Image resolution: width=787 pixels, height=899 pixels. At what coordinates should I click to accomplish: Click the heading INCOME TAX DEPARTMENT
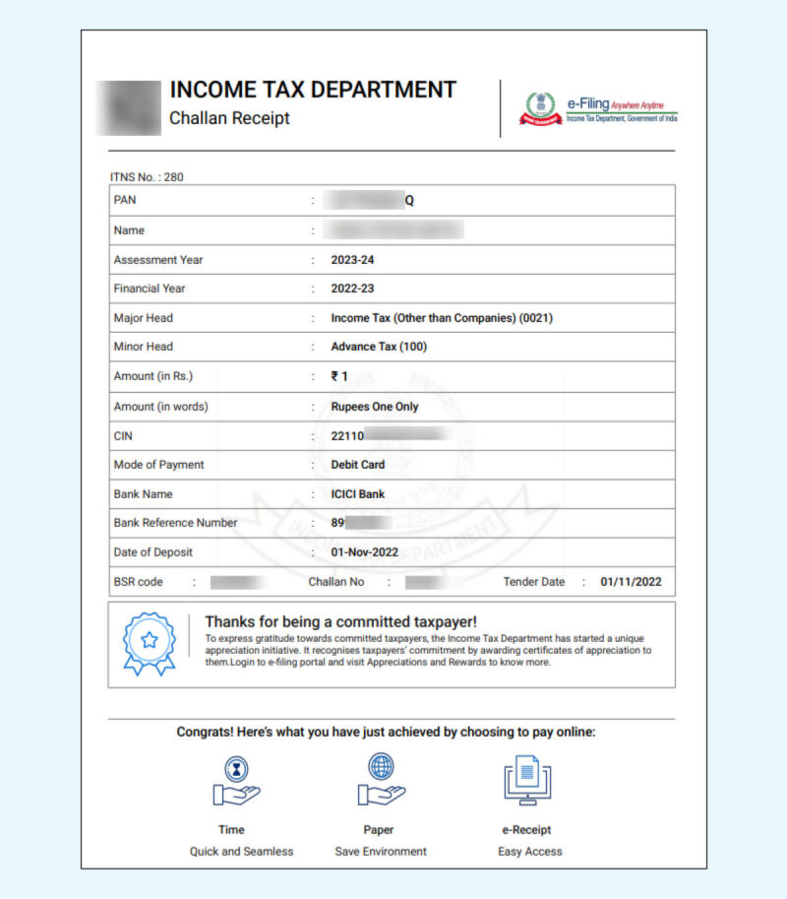[x=313, y=90]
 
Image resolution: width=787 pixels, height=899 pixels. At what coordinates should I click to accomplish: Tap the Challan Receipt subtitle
[x=229, y=119]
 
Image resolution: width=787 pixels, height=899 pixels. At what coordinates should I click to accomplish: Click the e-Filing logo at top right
[x=599, y=109]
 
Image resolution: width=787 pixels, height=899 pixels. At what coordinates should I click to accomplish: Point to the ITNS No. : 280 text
[x=147, y=177]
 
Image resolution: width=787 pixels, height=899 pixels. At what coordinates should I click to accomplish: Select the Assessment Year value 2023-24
[x=353, y=260]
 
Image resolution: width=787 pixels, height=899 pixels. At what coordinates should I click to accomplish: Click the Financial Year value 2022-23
[x=353, y=289]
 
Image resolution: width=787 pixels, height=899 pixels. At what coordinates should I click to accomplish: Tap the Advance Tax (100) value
[x=379, y=347]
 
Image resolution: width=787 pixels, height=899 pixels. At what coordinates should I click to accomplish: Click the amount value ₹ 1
[x=339, y=376]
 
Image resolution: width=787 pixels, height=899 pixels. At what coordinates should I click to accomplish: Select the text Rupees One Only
[x=375, y=406]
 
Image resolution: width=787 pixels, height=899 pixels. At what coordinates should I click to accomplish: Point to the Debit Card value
[x=358, y=464]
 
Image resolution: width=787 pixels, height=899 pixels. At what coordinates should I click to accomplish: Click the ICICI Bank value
[x=358, y=493]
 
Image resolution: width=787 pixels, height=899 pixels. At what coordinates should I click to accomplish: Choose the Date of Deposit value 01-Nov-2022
[x=365, y=552]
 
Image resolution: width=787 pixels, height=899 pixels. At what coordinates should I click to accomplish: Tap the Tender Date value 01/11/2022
[x=631, y=582]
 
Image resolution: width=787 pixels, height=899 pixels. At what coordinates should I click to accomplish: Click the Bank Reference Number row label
[x=175, y=523]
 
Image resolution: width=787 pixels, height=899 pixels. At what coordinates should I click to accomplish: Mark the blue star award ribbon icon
[x=149, y=643]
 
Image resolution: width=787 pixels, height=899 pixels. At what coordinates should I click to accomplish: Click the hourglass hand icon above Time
[x=236, y=781]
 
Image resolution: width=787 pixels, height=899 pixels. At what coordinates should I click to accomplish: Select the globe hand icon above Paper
[x=381, y=779]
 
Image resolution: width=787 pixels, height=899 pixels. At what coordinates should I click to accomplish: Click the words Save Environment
[x=381, y=851]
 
